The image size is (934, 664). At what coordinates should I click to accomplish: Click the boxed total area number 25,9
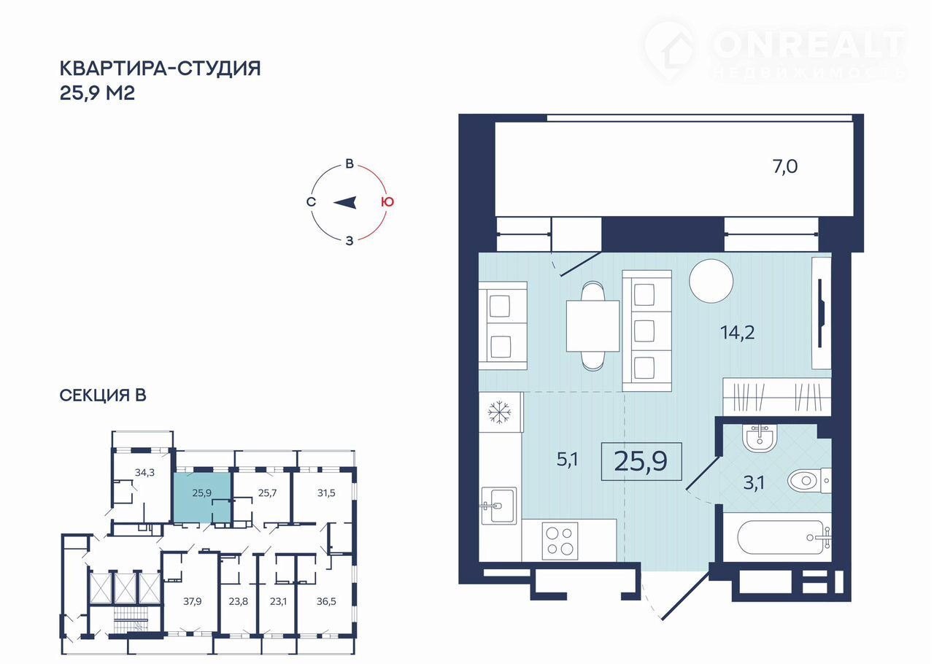[x=641, y=461]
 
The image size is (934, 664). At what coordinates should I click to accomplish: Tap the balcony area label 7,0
[x=785, y=166]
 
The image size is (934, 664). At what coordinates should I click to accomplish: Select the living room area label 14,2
[x=737, y=333]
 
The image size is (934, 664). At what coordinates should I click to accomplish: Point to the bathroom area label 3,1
[x=754, y=483]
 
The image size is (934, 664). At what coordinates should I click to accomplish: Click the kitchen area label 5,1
[x=567, y=460]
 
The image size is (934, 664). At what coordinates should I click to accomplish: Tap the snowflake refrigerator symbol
[x=499, y=412]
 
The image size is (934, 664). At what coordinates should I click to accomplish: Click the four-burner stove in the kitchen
[x=560, y=541]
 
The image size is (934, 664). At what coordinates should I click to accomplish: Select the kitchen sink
[x=498, y=506]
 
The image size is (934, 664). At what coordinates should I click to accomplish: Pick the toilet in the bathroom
[x=809, y=481]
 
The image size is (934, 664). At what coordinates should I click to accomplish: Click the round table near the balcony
[x=711, y=281]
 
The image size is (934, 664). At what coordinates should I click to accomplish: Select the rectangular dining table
[x=593, y=325]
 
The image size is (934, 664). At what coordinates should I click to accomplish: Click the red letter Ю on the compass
[x=387, y=202]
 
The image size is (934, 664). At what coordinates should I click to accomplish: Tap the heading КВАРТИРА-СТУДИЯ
[x=160, y=68]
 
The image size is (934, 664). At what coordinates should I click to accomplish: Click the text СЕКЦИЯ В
[x=103, y=395]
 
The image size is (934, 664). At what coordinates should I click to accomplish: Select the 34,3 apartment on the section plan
[x=144, y=472]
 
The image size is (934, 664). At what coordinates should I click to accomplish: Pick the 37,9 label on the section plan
[x=192, y=601]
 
